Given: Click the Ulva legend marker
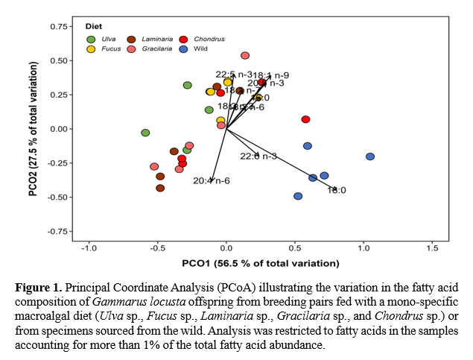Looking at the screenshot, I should pyautogui.click(x=92, y=39).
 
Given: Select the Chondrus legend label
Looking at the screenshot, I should pyautogui.click(x=209, y=39).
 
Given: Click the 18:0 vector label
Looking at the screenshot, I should pyautogui.click(x=337, y=190).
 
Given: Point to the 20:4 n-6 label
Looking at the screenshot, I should pyautogui.click(x=211, y=181).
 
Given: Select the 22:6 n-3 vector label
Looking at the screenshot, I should pyautogui.click(x=258, y=156).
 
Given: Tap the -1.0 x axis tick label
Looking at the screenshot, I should pyautogui.click(x=89, y=247).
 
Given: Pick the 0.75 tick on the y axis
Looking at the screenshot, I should pyautogui.click(x=57, y=26).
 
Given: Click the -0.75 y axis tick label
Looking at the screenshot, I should pyautogui.click(x=55, y=231).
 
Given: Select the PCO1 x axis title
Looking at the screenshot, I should pyautogui.click(x=260, y=263).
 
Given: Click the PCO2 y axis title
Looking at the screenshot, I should pyautogui.click(x=34, y=128).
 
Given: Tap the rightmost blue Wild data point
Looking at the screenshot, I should pyautogui.click(x=370, y=157).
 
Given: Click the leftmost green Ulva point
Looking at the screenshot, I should pyautogui.click(x=145, y=133).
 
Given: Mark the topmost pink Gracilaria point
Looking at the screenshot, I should pyautogui.click(x=245, y=56).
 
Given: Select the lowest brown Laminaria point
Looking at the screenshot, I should pyautogui.click(x=160, y=188).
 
